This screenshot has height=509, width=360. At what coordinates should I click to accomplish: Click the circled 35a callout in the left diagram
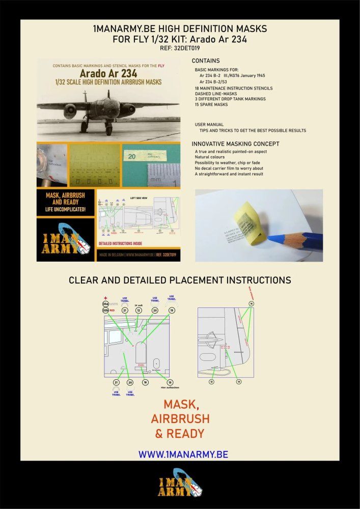point(105,304)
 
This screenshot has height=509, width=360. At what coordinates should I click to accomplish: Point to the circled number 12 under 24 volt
point(138,310)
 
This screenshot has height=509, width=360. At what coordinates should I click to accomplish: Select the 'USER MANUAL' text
point(210,124)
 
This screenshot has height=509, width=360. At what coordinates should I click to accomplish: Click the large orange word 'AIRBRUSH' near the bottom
point(180,419)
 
